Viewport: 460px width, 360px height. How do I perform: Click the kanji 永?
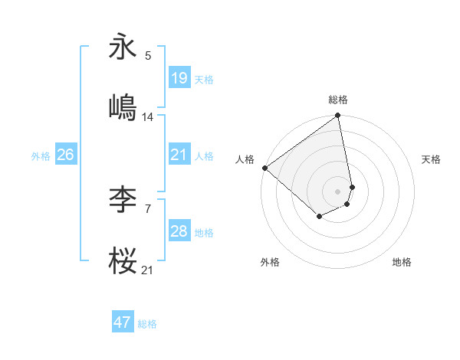pyautogui.click(x=124, y=47)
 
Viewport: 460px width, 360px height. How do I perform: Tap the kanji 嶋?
pyautogui.click(x=124, y=107)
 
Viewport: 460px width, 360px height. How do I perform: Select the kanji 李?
pyautogui.click(x=124, y=201)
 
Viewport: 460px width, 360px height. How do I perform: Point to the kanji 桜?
pyautogui.click(x=124, y=262)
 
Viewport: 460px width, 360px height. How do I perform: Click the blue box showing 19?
pyautogui.click(x=179, y=77)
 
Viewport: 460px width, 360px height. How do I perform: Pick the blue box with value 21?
pyautogui.click(x=179, y=155)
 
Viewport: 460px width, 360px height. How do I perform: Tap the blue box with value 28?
pyautogui.click(x=179, y=231)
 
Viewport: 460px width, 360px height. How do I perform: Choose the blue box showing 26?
pyautogui.click(x=65, y=155)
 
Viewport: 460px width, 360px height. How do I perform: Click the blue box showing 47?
pyautogui.click(x=123, y=322)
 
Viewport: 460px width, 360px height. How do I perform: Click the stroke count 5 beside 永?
pyautogui.click(x=148, y=55)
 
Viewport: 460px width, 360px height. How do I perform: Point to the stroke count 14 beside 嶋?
pyautogui.click(x=148, y=116)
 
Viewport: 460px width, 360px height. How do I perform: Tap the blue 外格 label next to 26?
pyautogui.click(x=41, y=155)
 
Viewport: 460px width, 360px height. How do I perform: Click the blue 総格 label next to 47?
pyautogui.click(x=147, y=324)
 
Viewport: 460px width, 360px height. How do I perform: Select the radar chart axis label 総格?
pyautogui.click(x=338, y=100)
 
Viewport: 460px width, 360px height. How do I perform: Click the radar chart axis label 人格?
pyautogui.click(x=245, y=159)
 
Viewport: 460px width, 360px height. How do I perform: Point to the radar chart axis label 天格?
pyautogui.click(x=432, y=159)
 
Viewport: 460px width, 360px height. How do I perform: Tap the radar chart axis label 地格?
pyautogui.click(x=402, y=262)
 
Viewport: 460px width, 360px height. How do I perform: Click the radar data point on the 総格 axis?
pyautogui.click(x=338, y=116)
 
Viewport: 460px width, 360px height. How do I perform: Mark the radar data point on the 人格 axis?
pyautogui.click(x=264, y=168)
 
